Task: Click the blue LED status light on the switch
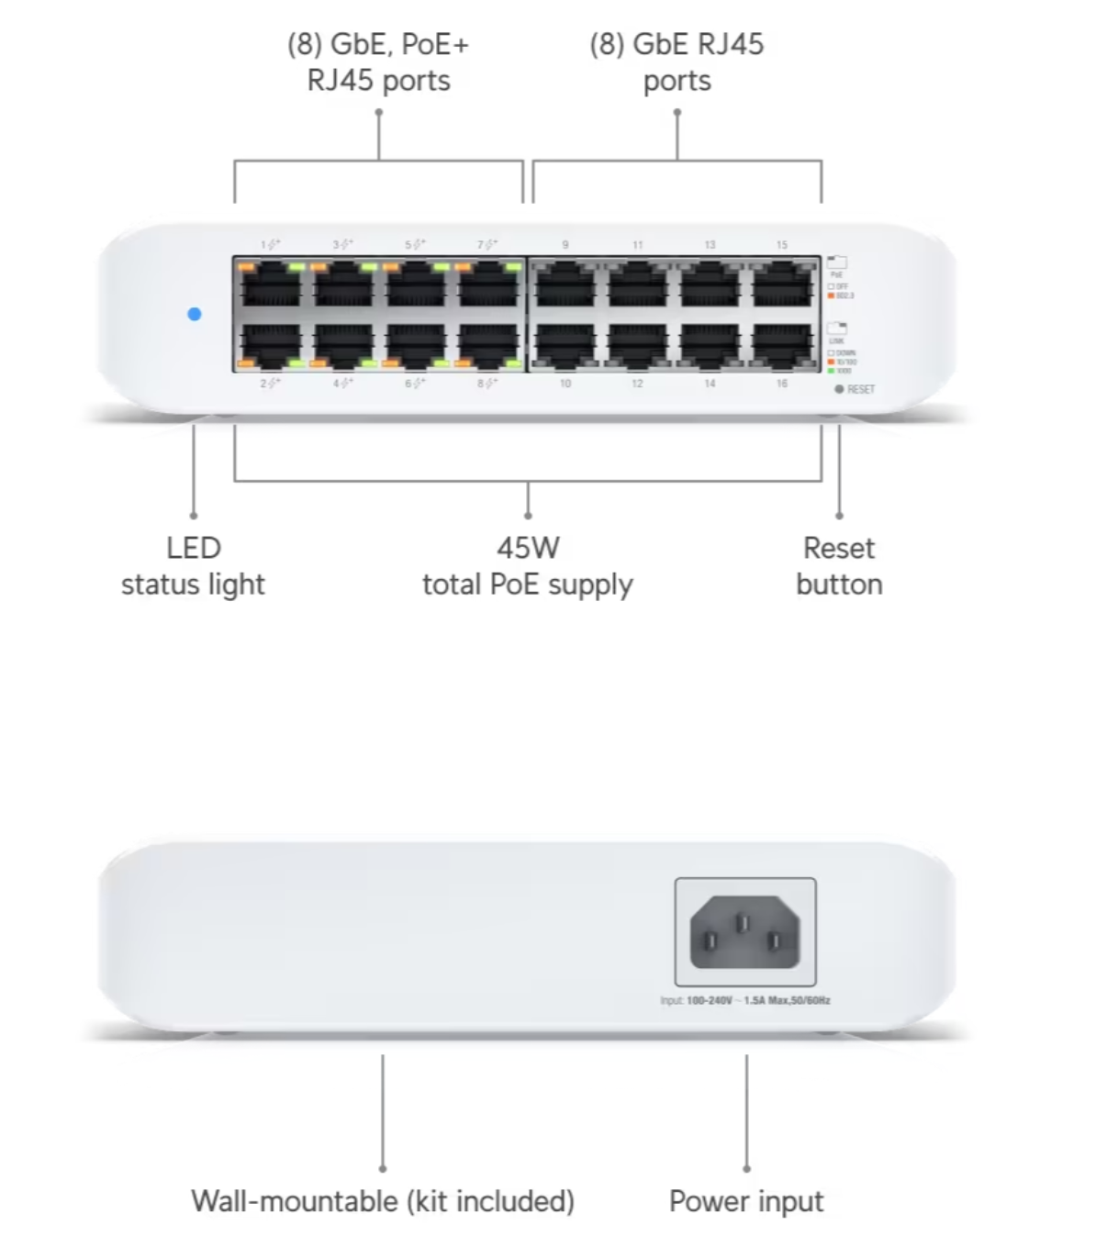pyautogui.click(x=194, y=314)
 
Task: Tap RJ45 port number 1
pyautogui.click(x=270, y=284)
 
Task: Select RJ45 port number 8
pyautogui.click(x=487, y=346)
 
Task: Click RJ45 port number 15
pyautogui.click(x=783, y=284)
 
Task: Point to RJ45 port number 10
pyautogui.click(x=565, y=346)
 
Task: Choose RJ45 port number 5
pyautogui.click(x=415, y=284)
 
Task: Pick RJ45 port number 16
pyautogui.click(x=783, y=346)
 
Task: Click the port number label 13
pyautogui.click(x=710, y=245)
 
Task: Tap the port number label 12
pyautogui.click(x=637, y=384)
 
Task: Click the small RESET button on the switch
pyautogui.click(x=839, y=389)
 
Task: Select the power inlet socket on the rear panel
pyautogui.click(x=744, y=932)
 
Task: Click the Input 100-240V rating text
pyautogui.click(x=744, y=1000)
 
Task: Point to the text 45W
pyautogui.click(x=528, y=548)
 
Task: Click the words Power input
pyautogui.click(x=746, y=1201)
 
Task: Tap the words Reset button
pyautogui.click(x=839, y=566)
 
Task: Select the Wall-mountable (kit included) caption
pyautogui.click(x=383, y=1201)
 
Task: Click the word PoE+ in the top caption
pyautogui.click(x=435, y=44)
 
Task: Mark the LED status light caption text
pyautogui.click(x=193, y=566)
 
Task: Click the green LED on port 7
pyautogui.click(x=512, y=267)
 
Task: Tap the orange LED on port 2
pyautogui.click(x=246, y=364)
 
